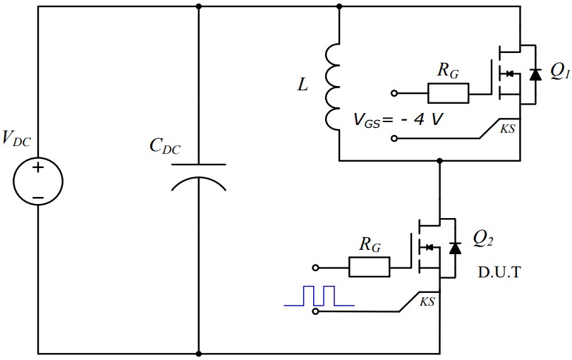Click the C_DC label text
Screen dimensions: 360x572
click(x=164, y=147)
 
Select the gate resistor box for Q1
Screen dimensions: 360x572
click(x=448, y=93)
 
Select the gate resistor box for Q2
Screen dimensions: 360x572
click(x=369, y=267)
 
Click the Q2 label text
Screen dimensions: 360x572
click(x=482, y=240)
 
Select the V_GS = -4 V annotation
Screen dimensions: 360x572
click(x=398, y=119)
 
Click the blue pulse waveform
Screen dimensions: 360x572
click(x=319, y=296)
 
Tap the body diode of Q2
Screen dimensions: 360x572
click(x=455, y=247)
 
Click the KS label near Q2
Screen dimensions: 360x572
click(x=427, y=301)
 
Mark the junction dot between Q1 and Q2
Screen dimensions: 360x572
click(x=439, y=161)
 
